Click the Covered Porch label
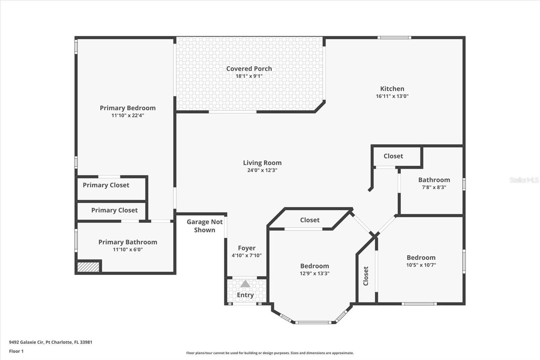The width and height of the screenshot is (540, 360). pos(249,69)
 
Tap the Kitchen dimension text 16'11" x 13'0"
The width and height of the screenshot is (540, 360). pos(392,96)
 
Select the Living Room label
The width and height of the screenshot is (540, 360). pos(262,163)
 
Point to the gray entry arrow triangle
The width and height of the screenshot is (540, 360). pos(245,284)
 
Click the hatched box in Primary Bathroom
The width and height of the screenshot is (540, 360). pos(88,267)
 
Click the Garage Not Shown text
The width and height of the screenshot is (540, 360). pos(205,226)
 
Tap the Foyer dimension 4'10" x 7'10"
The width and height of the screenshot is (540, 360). pos(246,256)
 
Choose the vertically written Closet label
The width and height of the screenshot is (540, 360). pos(366,276)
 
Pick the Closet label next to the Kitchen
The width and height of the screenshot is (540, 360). pos(393,156)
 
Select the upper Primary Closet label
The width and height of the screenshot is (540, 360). pos(106,185)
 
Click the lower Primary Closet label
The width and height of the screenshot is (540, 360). pos(114,210)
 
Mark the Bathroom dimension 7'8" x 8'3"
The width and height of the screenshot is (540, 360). pos(434,187)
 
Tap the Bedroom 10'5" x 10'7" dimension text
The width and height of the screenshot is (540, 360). pos(421,265)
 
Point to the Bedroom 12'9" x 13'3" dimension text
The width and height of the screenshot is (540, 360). pos(315,274)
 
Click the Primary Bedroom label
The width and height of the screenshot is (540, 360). pos(128,108)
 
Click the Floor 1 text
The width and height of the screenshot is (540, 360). pos(16,351)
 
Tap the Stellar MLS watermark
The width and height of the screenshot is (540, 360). pos(524,180)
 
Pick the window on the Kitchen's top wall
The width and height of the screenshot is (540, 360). pos(394,38)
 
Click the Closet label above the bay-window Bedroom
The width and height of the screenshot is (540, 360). pos(309,220)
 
